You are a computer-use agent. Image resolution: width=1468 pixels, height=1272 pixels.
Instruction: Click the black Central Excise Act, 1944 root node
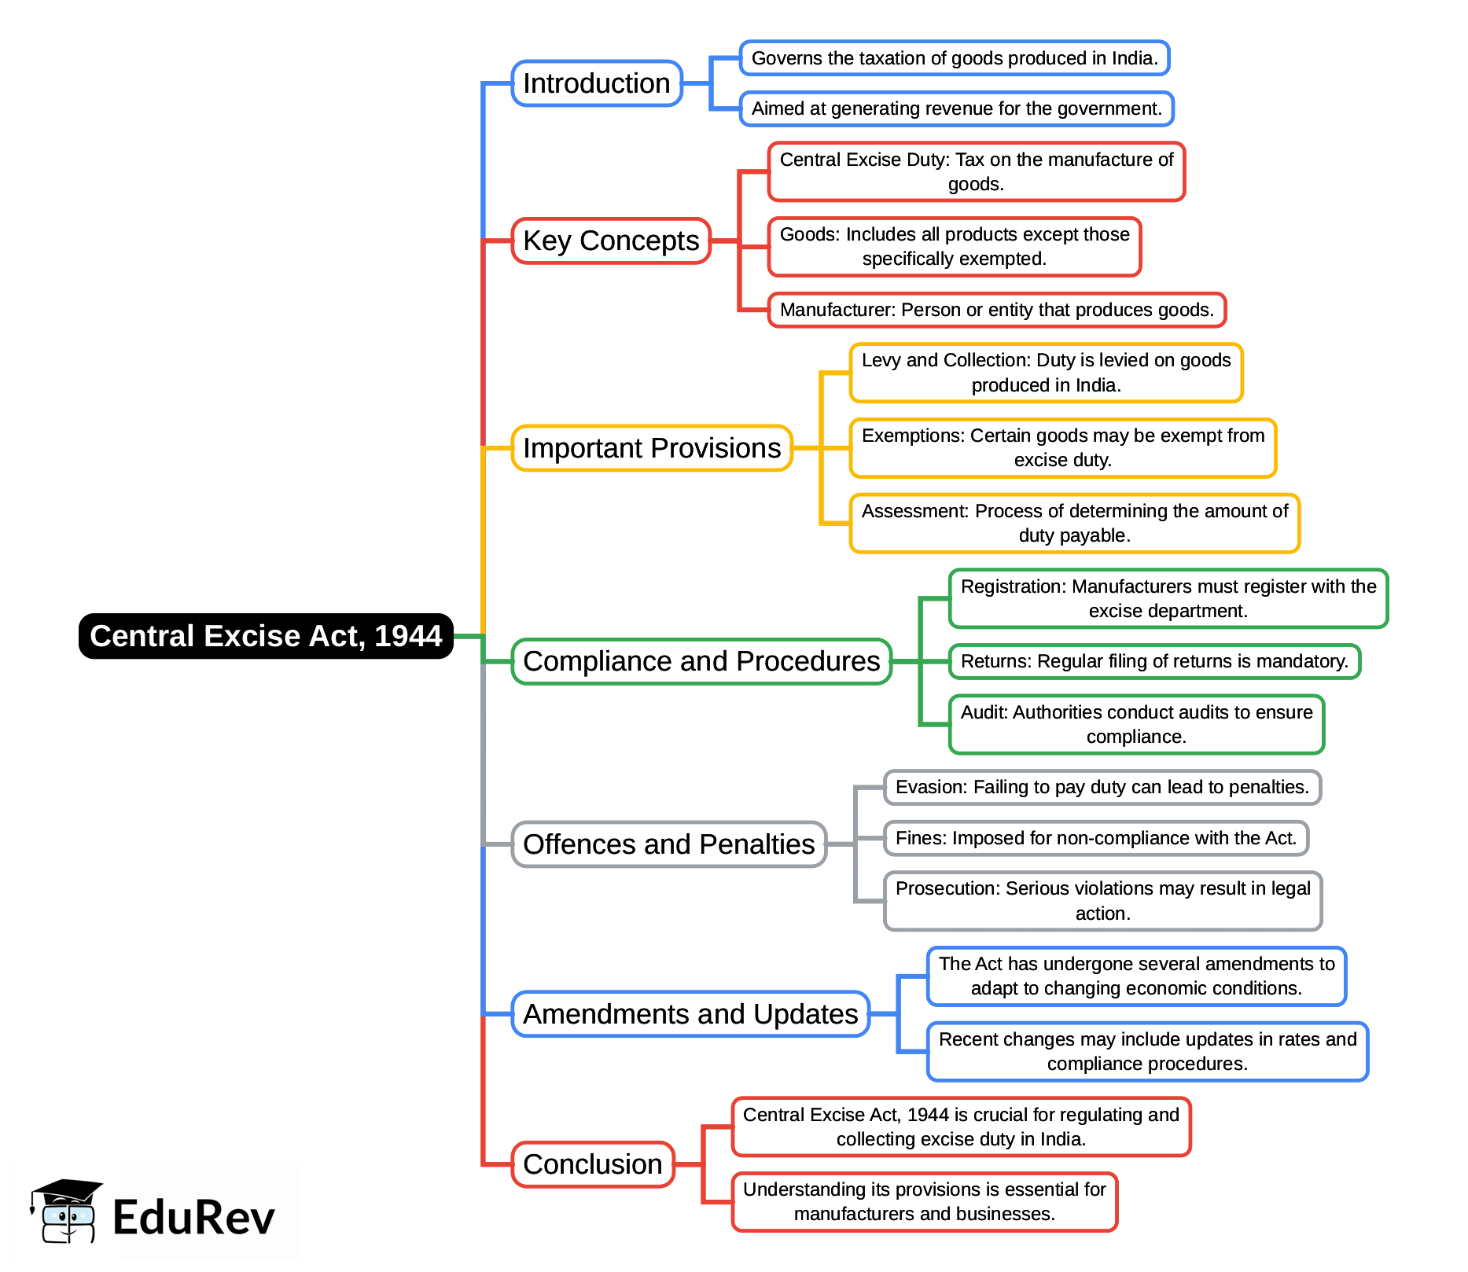(266, 636)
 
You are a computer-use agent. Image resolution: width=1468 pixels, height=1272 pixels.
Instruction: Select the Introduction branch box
(597, 83)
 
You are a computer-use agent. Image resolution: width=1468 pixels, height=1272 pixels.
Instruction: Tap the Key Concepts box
(611, 241)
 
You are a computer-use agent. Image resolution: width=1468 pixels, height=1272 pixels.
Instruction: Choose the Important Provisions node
(652, 448)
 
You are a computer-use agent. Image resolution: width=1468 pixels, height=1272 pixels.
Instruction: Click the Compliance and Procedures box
(701, 662)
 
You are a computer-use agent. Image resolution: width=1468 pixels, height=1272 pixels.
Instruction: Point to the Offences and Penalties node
(669, 844)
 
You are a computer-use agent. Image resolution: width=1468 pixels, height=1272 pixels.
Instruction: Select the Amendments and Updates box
(690, 1014)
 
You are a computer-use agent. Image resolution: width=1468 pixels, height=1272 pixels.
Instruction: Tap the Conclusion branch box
(593, 1164)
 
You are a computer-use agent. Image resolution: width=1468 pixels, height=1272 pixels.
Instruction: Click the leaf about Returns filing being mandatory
(1154, 662)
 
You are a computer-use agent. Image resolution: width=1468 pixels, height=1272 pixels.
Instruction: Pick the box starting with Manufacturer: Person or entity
(997, 310)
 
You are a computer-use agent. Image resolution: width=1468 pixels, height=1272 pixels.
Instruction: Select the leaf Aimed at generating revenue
(956, 108)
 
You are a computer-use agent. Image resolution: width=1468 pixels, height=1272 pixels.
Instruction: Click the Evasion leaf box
(1102, 788)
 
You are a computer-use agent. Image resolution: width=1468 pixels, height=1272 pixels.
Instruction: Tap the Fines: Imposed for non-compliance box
(1096, 838)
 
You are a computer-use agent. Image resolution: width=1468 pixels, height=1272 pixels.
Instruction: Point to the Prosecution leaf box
(1102, 901)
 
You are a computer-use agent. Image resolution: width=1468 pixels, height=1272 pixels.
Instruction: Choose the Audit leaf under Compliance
(1136, 725)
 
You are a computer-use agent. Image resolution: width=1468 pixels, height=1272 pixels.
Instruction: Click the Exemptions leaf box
(1063, 448)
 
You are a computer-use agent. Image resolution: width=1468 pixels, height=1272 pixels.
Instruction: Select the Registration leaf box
(1168, 599)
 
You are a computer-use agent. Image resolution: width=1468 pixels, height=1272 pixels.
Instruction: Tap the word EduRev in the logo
(194, 1218)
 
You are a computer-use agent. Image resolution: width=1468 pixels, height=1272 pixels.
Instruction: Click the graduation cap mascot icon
(66, 1211)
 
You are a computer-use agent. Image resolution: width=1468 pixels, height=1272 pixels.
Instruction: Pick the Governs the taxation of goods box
(955, 58)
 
